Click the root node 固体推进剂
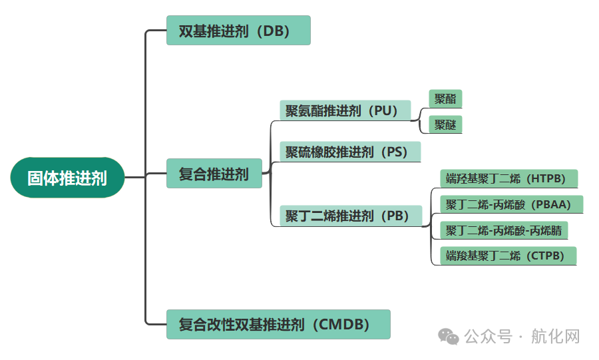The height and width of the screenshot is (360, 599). coord(67,178)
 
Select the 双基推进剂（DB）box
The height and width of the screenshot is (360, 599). coord(238,31)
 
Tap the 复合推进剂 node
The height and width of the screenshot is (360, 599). coord(214,174)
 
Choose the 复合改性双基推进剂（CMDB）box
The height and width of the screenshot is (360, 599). coord(278,324)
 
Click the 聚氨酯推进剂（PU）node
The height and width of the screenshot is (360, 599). coord(345,110)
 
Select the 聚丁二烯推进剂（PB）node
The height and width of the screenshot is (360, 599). coord(351,216)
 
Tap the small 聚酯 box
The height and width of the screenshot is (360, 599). coord(445,99)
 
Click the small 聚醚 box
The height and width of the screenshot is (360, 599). coord(445,124)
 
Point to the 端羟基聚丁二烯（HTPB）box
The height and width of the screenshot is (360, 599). coord(508,178)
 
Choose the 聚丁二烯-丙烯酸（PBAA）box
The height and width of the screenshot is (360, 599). coord(511,204)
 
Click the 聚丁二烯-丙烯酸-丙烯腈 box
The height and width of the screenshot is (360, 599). coord(504,230)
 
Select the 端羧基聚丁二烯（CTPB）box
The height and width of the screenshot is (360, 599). coord(507,256)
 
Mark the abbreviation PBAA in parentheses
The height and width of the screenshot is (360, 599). coord(552,204)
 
